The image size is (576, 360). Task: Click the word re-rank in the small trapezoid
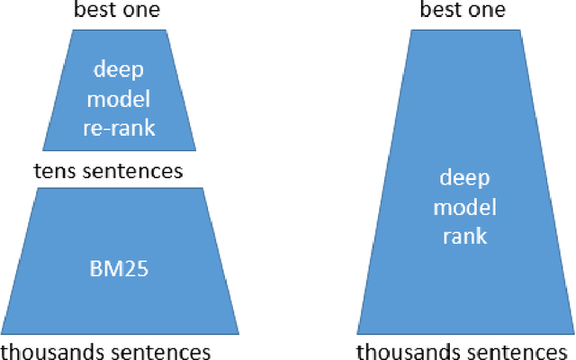119,128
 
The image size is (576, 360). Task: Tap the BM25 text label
119,267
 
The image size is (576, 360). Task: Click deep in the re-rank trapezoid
119,68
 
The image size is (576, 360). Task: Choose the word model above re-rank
119,98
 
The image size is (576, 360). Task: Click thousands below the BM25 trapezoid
52,350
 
